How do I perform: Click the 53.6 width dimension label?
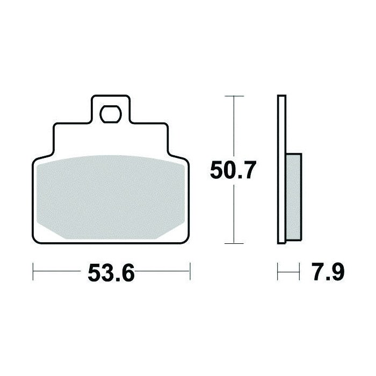[x=111, y=272]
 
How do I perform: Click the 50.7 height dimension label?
[x=233, y=170]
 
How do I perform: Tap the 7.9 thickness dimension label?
[x=329, y=272]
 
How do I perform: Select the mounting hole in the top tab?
[x=111, y=114]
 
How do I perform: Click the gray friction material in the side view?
[x=294, y=197]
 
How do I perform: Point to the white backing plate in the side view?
[x=282, y=170]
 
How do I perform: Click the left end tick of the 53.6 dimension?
[x=33, y=271]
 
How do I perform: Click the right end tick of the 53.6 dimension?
[x=190, y=271]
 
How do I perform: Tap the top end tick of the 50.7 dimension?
[x=234, y=96]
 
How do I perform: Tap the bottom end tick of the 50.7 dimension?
[x=234, y=243]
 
